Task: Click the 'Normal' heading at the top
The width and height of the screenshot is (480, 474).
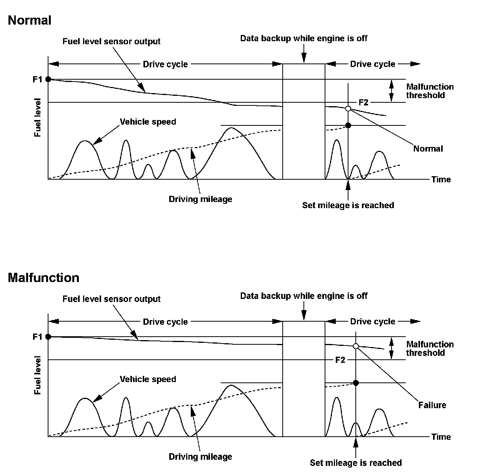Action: [x=30, y=20]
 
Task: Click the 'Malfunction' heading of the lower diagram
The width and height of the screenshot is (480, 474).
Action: [x=43, y=278]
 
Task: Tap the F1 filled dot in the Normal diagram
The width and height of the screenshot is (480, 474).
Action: [x=48, y=79]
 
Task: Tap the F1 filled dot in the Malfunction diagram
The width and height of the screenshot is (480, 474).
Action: [x=48, y=337]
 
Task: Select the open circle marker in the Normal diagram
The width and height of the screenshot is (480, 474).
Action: [x=348, y=108]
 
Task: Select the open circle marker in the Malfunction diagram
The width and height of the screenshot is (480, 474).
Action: [x=356, y=346]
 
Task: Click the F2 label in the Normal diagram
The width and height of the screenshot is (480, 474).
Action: [x=363, y=102]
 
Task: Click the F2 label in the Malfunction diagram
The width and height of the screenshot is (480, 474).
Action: [x=340, y=360]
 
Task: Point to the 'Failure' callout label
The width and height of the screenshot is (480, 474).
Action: [x=432, y=405]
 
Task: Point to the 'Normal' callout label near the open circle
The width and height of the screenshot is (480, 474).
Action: [x=428, y=149]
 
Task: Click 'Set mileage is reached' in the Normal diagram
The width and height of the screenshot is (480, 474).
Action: [x=348, y=205]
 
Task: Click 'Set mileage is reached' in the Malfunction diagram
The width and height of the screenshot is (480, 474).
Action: [x=356, y=463]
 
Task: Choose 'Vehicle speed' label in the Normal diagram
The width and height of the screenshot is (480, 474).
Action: [x=148, y=122]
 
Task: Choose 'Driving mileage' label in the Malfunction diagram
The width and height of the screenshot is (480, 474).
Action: [x=200, y=457]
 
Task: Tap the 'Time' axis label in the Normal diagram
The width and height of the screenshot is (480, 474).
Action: [x=441, y=179]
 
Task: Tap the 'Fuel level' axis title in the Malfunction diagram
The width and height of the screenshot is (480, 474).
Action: [x=38, y=376]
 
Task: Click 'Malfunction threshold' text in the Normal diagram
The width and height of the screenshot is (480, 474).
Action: [x=430, y=91]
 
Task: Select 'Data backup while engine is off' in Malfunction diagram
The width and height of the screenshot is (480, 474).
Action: [x=304, y=296]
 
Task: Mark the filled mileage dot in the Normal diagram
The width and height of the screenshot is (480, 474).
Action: [x=348, y=125]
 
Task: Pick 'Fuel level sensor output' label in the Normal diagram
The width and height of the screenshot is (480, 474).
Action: [x=112, y=42]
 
